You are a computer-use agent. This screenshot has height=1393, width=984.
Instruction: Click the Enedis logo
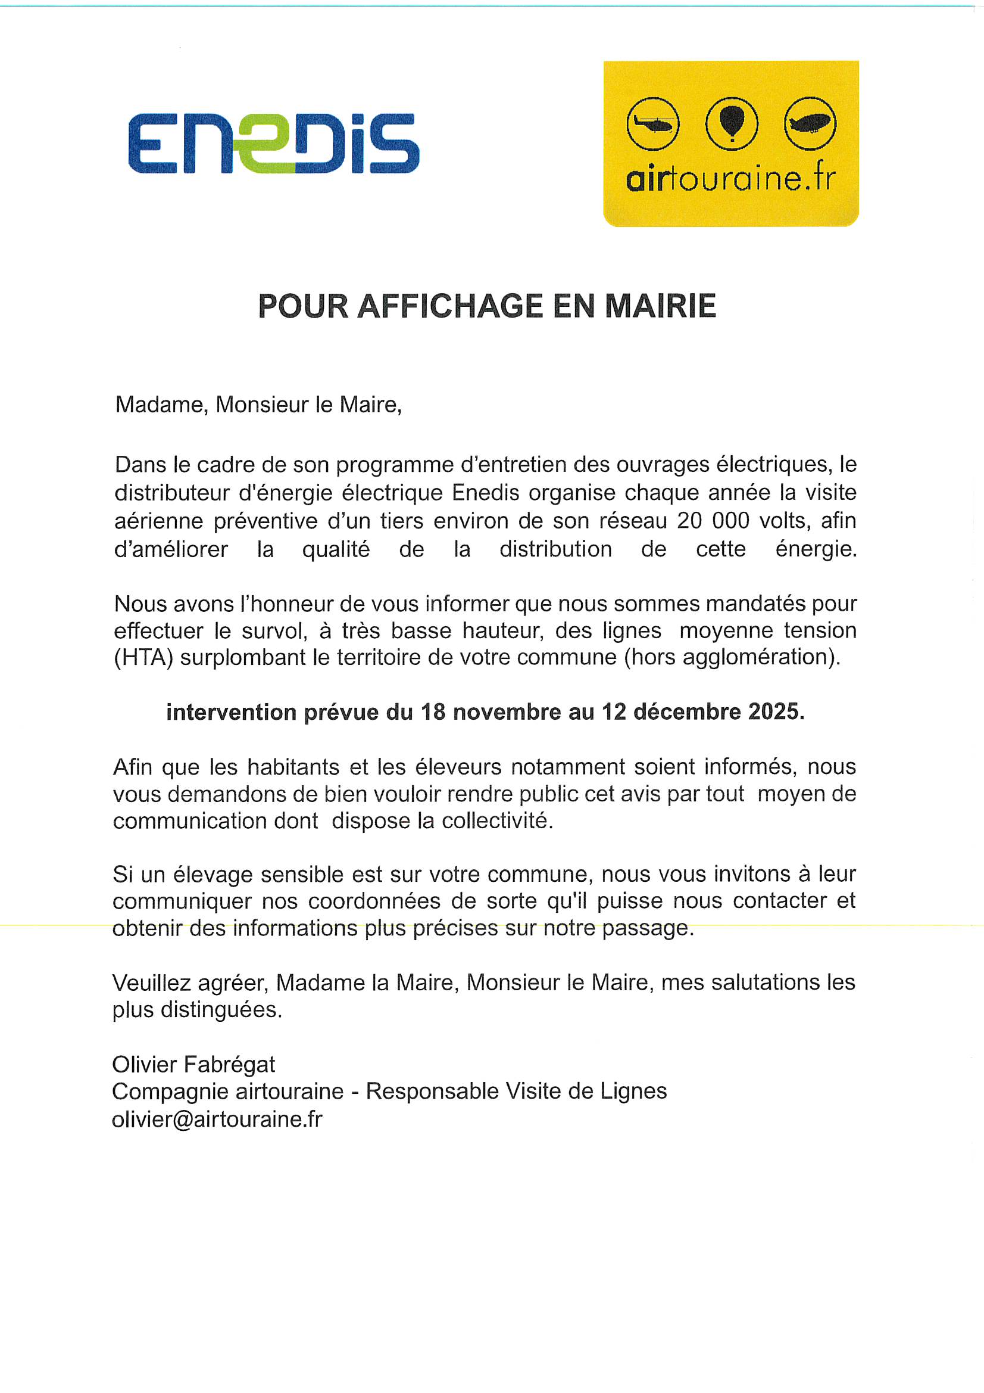pos(273,143)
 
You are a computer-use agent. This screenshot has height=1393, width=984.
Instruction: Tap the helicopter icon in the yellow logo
pos(652,124)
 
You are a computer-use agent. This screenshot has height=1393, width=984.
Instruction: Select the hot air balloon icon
pos(731,124)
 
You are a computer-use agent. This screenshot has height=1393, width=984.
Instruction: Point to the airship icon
pos(810,124)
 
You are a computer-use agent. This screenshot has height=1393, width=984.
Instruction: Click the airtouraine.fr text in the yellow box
pos(730,179)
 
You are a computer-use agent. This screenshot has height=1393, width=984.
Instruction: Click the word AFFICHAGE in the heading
pos(450,306)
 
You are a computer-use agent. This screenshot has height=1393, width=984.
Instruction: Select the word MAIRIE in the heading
pos(660,306)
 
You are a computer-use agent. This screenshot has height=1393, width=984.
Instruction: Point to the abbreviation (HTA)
pos(143,658)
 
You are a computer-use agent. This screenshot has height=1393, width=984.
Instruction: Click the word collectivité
pos(496,822)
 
